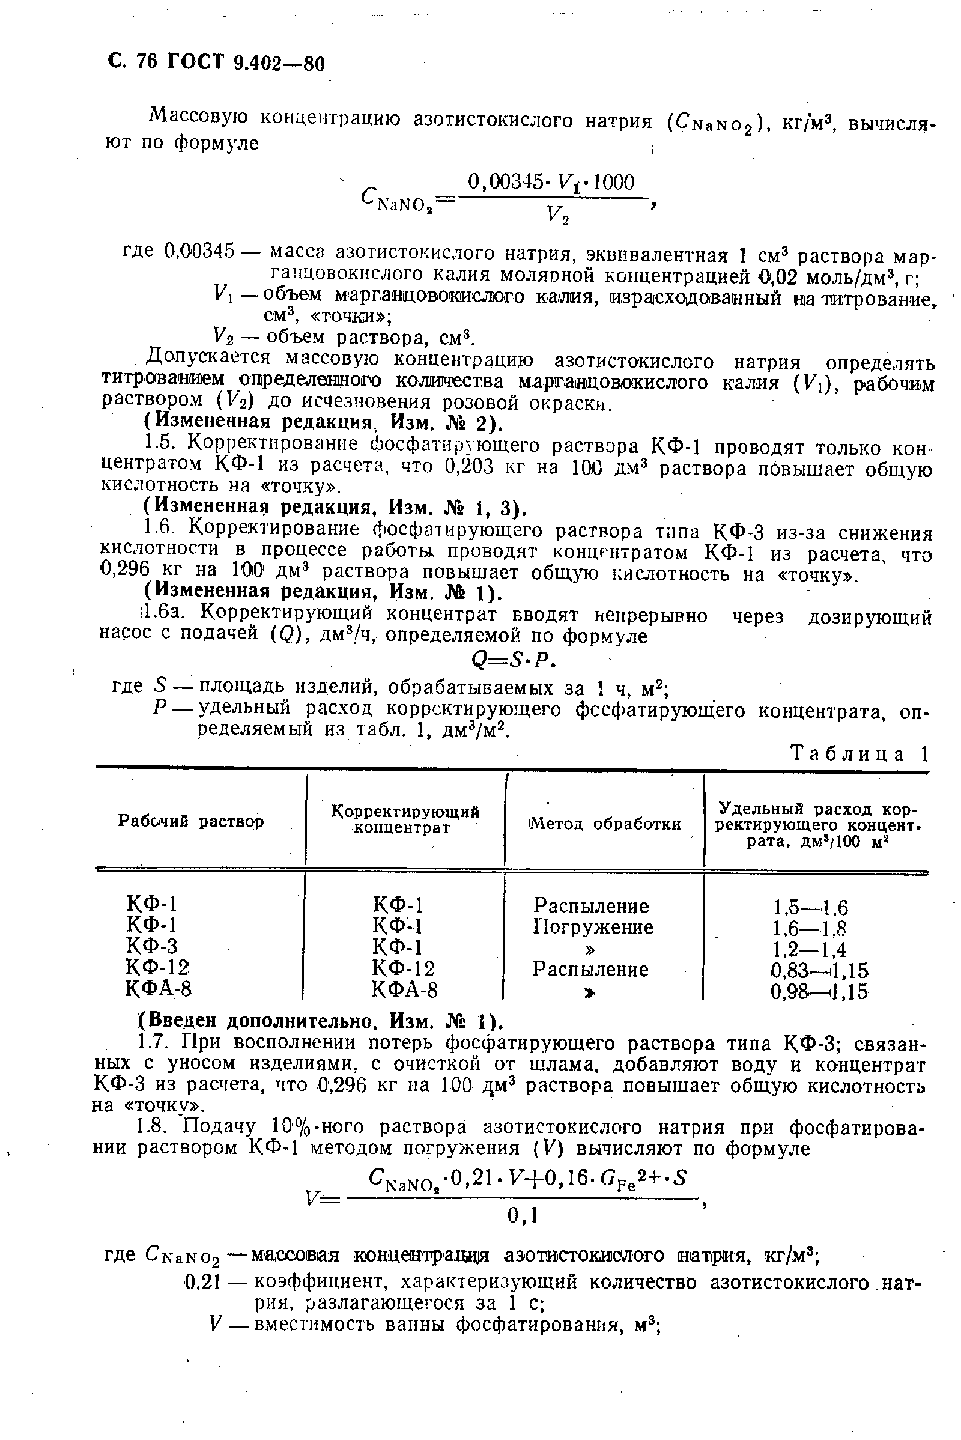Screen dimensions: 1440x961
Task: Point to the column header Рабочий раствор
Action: tap(190, 821)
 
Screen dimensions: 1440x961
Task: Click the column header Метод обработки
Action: tap(604, 824)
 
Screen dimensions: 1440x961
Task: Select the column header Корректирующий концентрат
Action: tap(405, 819)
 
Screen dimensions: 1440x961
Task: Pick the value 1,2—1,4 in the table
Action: tap(810, 950)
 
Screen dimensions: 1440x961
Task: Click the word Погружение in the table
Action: tap(593, 927)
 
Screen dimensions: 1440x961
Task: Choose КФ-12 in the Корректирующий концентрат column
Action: tap(403, 968)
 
